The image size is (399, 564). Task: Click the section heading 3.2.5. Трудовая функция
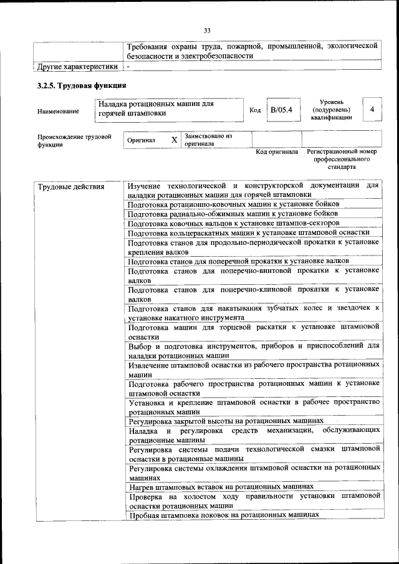pos(82,85)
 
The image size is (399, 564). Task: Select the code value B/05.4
pos(281,110)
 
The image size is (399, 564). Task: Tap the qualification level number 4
pos(372,110)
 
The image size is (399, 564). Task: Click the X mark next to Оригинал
pos(175,140)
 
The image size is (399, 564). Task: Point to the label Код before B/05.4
pos(255,110)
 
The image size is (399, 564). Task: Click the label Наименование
pos(59,111)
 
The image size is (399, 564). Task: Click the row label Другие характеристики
pos(77,66)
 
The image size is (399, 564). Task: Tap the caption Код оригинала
pos(277,151)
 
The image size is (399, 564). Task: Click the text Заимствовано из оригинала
pos(208,140)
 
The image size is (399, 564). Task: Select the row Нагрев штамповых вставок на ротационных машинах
pos(220,485)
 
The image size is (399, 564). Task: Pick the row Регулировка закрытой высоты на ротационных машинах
pos(226,421)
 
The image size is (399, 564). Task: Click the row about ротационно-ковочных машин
pos(233,204)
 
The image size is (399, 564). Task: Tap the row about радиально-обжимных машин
pos(233,213)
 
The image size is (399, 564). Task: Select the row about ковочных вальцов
pos(233,222)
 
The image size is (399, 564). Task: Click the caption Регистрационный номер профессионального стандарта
pos(342,159)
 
